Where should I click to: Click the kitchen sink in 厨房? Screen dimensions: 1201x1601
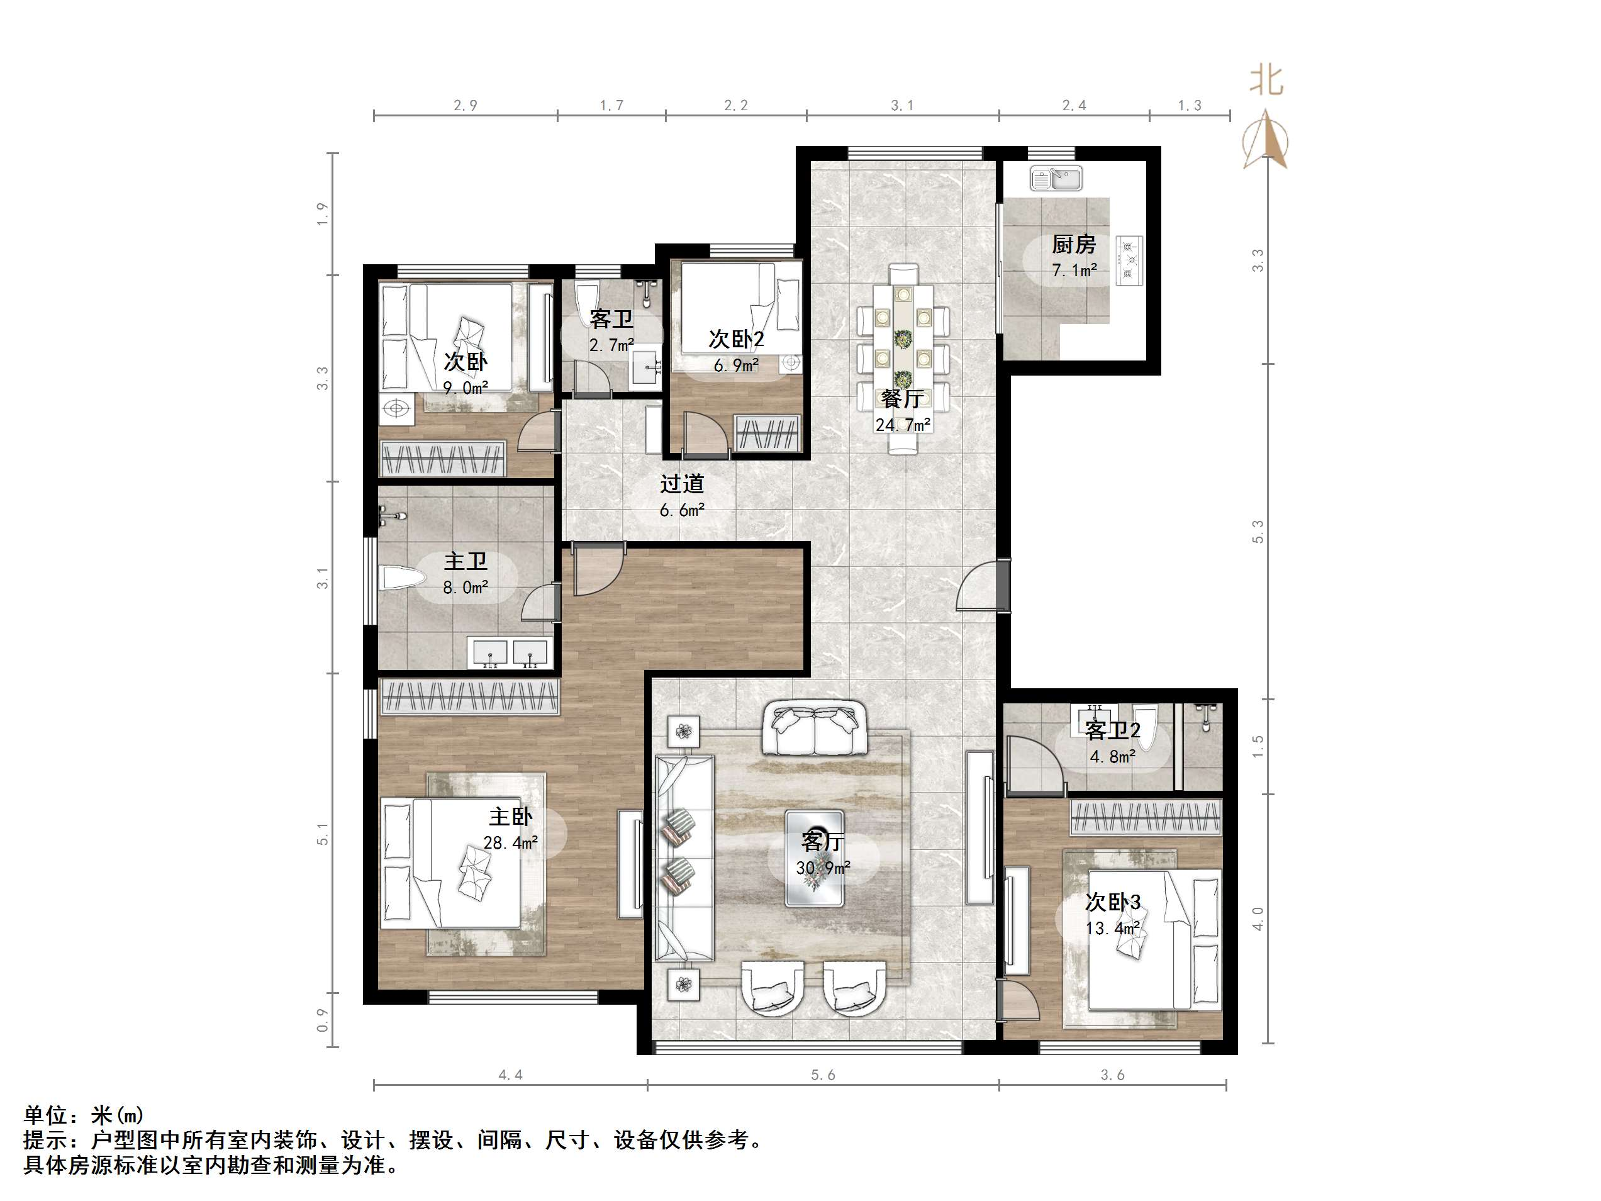point(1056,178)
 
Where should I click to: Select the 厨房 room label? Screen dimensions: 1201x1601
point(1073,245)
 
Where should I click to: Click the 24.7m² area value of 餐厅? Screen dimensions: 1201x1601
point(903,425)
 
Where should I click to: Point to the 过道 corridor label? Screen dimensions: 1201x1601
point(682,484)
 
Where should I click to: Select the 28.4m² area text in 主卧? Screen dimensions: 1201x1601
point(510,842)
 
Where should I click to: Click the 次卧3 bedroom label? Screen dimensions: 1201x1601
point(1112,903)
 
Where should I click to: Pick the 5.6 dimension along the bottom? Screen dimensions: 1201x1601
point(823,1075)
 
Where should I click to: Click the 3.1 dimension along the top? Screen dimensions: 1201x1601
point(902,106)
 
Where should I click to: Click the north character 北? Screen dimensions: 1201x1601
point(1266,81)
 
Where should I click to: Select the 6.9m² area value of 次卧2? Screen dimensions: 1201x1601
point(736,366)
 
